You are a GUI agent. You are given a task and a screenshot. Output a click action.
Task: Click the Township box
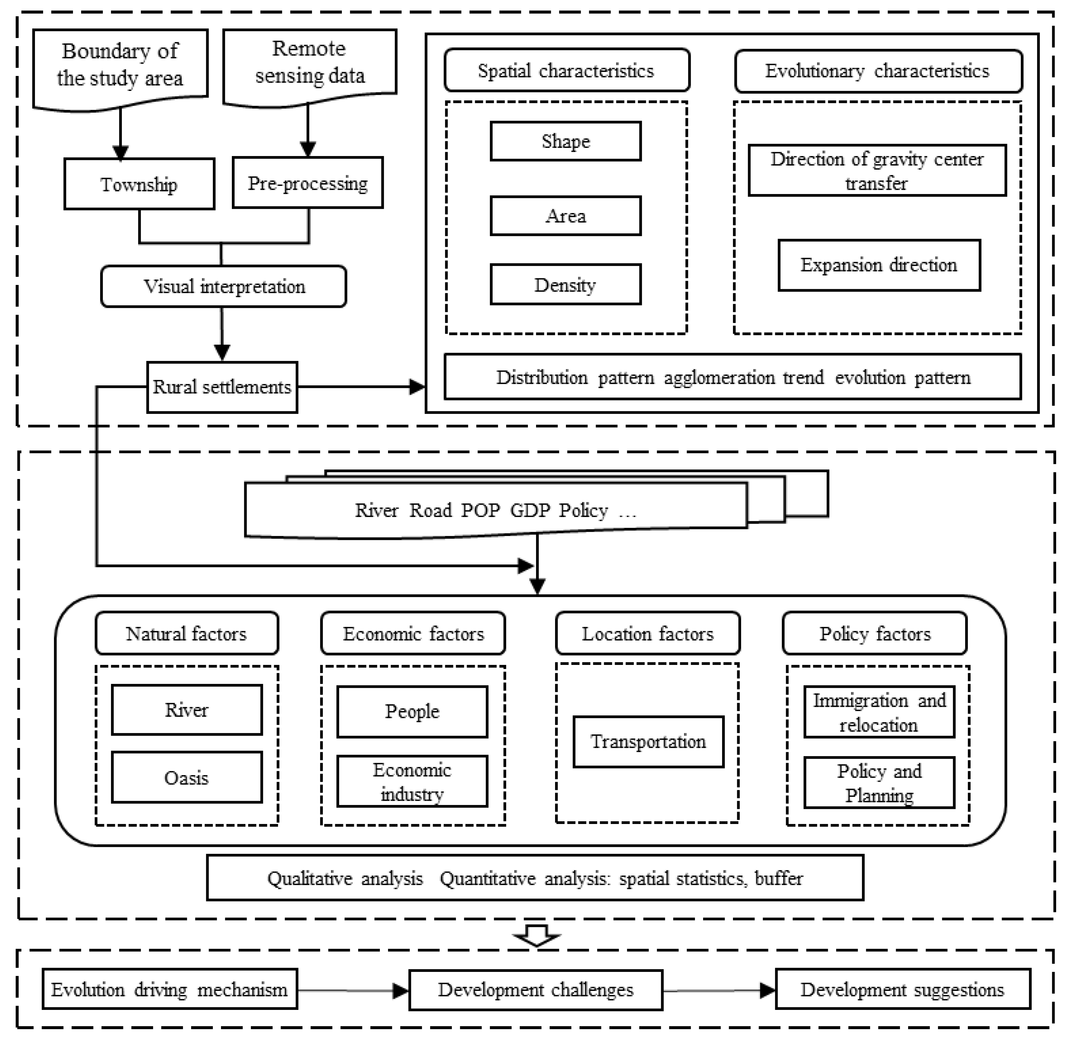tap(139, 184)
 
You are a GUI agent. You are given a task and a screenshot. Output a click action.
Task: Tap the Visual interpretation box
tap(224, 286)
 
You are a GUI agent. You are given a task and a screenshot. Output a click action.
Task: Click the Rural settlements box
tap(222, 387)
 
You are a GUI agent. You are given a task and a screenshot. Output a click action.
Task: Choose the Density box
tap(565, 285)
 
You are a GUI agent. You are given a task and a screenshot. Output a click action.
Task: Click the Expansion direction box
tap(879, 265)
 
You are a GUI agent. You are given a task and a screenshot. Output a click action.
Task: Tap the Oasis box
tap(186, 777)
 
